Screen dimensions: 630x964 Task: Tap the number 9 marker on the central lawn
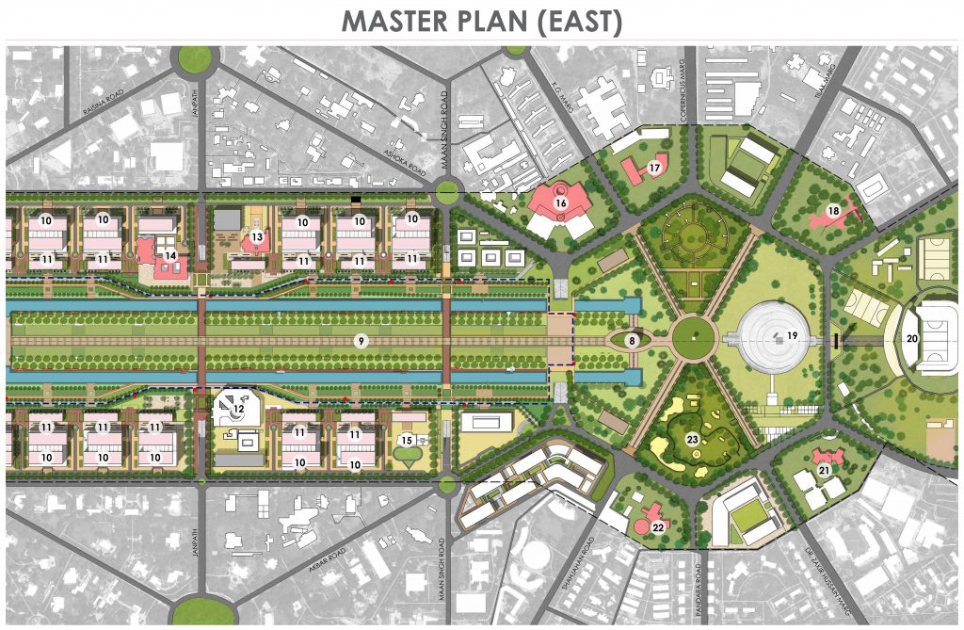pyautogui.click(x=359, y=340)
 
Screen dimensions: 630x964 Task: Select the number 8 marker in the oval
pyautogui.click(x=633, y=339)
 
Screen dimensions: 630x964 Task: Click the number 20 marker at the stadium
pyautogui.click(x=911, y=337)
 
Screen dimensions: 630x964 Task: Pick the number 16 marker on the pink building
pyautogui.click(x=560, y=202)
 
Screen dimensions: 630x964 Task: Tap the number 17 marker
pyautogui.click(x=654, y=169)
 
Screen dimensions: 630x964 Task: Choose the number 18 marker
pyautogui.click(x=832, y=210)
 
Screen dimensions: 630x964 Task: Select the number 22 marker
pyautogui.click(x=658, y=527)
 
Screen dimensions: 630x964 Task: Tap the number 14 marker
pyautogui.click(x=170, y=254)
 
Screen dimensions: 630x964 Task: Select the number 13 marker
pyautogui.click(x=256, y=236)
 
